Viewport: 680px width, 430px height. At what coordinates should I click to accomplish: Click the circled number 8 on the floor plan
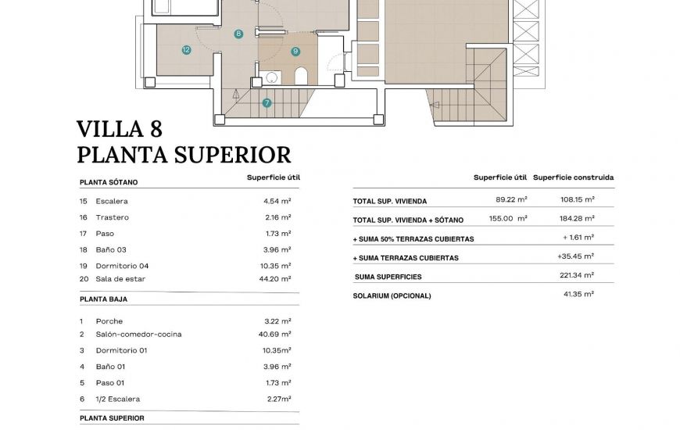(x=238, y=34)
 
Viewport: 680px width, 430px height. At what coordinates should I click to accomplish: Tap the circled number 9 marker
(x=295, y=52)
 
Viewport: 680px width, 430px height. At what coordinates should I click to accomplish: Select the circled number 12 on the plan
(x=186, y=50)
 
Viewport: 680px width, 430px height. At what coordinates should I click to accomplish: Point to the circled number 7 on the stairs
(x=267, y=102)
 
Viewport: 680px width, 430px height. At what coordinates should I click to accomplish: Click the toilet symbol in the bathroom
(x=301, y=76)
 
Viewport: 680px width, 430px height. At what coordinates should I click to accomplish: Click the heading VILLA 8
(x=120, y=129)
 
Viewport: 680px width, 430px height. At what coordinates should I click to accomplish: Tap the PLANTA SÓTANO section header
(x=109, y=182)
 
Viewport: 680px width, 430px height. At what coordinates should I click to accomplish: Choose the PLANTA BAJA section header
(x=103, y=299)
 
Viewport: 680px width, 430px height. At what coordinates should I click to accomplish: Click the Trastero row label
(x=112, y=217)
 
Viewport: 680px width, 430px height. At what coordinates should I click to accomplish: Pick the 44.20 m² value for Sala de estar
(x=277, y=278)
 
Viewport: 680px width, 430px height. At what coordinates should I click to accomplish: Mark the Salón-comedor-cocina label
(x=138, y=334)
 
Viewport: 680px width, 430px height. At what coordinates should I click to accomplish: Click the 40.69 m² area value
(x=277, y=334)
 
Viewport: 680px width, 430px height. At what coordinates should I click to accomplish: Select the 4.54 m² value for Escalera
(x=277, y=201)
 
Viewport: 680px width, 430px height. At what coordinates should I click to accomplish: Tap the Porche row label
(x=109, y=321)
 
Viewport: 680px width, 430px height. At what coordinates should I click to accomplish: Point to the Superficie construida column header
(x=573, y=177)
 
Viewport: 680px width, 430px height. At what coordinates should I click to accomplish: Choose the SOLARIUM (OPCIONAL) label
(x=392, y=296)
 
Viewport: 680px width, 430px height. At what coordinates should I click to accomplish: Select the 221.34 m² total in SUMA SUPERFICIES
(x=578, y=275)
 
